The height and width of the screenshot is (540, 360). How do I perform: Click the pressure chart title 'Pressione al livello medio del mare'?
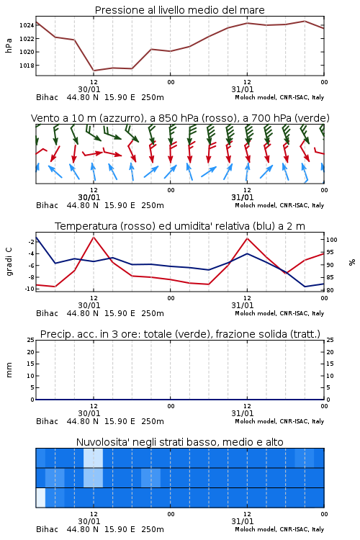pyautogui.click(x=179, y=10)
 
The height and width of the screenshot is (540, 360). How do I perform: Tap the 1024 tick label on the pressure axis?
pyautogui.click(x=26, y=25)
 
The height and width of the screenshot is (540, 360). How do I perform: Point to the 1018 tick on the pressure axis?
pyautogui.click(x=26, y=66)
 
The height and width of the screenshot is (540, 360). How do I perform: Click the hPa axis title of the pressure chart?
pyautogui.click(x=9, y=45)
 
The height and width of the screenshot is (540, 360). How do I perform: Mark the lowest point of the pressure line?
pyautogui.click(x=94, y=71)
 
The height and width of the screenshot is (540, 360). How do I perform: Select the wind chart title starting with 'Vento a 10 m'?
pyautogui.click(x=180, y=118)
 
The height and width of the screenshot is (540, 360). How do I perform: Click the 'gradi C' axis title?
pyautogui.click(x=9, y=261)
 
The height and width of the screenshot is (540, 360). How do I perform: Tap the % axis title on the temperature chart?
pyautogui.click(x=352, y=262)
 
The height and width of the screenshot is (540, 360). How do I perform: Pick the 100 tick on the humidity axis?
pyautogui.click(x=332, y=240)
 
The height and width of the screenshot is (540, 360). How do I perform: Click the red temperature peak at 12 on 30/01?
pyautogui.click(x=94, y=237)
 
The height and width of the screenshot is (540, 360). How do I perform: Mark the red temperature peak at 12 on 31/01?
pyautogui.click(x=247, y=238)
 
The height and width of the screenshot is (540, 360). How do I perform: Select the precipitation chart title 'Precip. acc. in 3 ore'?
pyautogui.click(x=180, y=334)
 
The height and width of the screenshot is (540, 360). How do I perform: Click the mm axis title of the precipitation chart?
pyautogui.click(x=9, y=370)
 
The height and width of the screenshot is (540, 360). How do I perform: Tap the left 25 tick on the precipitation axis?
pyautogui.click(x=30, y=340)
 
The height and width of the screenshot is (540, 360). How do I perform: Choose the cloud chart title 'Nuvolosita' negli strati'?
pyautogui.click(x=179, y=442)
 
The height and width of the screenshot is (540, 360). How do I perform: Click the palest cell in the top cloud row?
pyautogui.click(x=93, y=458)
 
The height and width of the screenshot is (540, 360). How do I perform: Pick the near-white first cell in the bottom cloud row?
pyautogui.click(x=40, y=498)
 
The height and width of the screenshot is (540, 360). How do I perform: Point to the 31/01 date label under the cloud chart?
pyautogui.click(x=243, y=521)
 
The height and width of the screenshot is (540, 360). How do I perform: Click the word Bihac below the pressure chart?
pyautogui.click(x=48, y=97)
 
